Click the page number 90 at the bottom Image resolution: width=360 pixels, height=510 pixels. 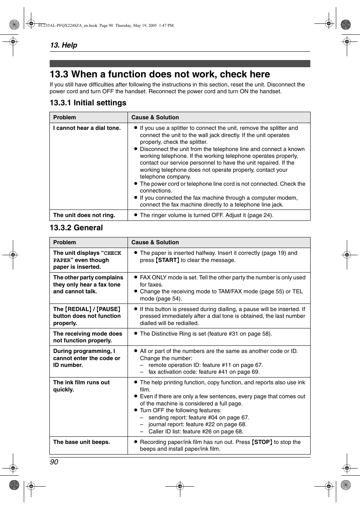(54, 462)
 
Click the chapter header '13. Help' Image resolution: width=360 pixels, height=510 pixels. (63, 45)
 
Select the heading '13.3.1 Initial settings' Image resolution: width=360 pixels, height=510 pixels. (88, 103)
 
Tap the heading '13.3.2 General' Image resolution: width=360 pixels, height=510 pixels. (76, 228)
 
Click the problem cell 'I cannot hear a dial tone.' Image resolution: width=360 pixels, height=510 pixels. (87, 128)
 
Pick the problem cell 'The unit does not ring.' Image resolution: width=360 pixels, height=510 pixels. (84, 215)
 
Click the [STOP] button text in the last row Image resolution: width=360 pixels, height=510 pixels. (262, 442)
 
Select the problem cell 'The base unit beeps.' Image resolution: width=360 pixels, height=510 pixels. (82, 442)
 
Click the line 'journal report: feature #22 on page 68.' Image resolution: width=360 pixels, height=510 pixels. (197, 424)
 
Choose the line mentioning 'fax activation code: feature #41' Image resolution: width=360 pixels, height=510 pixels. (204, 372)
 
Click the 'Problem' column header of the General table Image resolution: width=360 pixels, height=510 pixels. (65, 242)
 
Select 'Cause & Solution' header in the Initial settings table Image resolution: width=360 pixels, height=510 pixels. (155, 117)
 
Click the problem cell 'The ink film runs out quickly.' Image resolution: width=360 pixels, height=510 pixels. (81, 386)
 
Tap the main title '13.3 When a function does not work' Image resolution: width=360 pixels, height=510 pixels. (160, 74)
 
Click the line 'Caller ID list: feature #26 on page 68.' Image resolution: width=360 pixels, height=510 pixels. (195, 431)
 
